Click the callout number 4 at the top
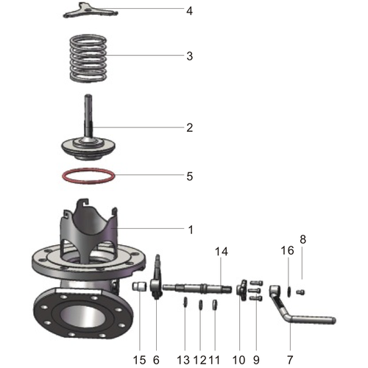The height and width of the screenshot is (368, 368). (189, 12)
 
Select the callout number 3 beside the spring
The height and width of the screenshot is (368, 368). (189, 56)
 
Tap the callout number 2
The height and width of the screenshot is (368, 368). (189, 127)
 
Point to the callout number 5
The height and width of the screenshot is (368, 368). (189, 177)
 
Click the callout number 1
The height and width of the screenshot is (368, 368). (190, 230)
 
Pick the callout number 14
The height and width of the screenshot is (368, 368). (222, 252)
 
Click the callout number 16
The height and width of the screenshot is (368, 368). (287, 252)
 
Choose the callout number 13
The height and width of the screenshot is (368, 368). (185, 360)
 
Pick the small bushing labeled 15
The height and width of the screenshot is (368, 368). (137, 286)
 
